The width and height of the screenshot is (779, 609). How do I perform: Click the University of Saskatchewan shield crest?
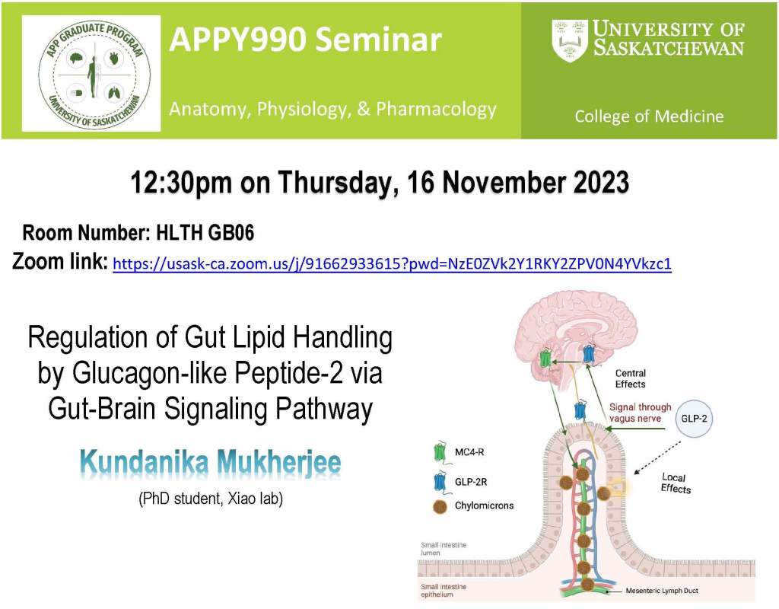pyautogui.click(x=569, y=41)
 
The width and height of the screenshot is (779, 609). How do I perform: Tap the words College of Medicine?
pyautogui.click(x=649, y=116)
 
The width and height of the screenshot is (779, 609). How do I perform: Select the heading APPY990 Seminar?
pyautogui.click(x=305, y=40)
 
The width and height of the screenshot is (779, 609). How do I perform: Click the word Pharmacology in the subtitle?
pyautogui.click(x=436, y=109)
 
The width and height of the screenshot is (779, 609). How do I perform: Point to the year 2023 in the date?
pyautogui.click(x=601, y=182)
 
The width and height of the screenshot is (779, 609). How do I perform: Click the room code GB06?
pyautogui.click(x=231, y=233)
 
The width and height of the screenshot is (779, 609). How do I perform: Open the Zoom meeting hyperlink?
pyautogui.click(x=392, y=263)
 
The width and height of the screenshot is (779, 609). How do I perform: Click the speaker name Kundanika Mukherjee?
pyautogui.click(x=210, y=462)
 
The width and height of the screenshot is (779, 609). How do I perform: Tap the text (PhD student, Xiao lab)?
pyautogui.click(x=211, y=498)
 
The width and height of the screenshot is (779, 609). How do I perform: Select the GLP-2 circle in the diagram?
pyautogui.click(x=694, y=419)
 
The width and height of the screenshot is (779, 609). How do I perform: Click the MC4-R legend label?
pyautogui.click(x=469, y=452)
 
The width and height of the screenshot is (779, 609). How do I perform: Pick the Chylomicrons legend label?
pyautogui.click(x=484, y=505)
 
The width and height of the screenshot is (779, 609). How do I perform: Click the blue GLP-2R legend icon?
pyautogui.click(x=440, y=482)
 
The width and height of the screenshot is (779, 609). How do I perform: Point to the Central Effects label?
pyautogui.click(x=630, y=379)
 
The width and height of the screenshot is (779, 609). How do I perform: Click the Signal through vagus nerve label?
pyautogui.click(x=640, y=413)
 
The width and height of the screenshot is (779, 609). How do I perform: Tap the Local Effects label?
pyautogui.click(x=676, y=483)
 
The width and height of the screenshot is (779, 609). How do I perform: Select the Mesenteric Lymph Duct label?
pyautogui.click(x=662, y=591)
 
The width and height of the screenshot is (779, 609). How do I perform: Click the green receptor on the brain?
pyautogui.click(x=545, y=358)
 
